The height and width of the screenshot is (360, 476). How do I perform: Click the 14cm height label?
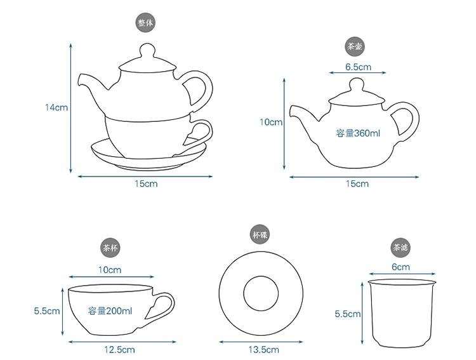[x=56, y=107]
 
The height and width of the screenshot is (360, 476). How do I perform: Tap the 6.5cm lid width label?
[x=358, y=67]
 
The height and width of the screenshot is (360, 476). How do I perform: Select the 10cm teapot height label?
[x=271, y=122]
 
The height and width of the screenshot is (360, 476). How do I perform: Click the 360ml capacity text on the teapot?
[x=358, y=133]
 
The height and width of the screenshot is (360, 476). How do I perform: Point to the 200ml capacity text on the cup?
[x=110, y=310]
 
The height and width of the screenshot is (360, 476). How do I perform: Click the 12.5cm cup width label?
[x=119, y=350]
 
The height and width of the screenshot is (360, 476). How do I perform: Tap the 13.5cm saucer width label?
[x=264, y=350]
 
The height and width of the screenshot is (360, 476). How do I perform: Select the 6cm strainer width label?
[x=400, y=267]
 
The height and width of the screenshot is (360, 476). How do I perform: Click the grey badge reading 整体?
[x=145, y=23]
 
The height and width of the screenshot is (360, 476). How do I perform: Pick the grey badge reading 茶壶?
[x=355, y=46]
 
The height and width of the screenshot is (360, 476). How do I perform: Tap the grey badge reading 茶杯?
[x=110, y=248]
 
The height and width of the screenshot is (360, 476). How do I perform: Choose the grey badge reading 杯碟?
[x=260, y=235]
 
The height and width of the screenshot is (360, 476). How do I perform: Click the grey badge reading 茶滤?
[x=400, y=248]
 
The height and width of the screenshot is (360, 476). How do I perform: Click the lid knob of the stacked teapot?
[x=147, y=50]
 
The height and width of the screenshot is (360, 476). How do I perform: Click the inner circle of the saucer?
[x=244, y=294]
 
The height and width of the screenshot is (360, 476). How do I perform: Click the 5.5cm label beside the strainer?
[x=348, y=314]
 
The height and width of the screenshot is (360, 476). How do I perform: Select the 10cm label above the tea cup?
[x=110, y=270]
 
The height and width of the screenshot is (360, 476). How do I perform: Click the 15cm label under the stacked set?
[x=147, y=183]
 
